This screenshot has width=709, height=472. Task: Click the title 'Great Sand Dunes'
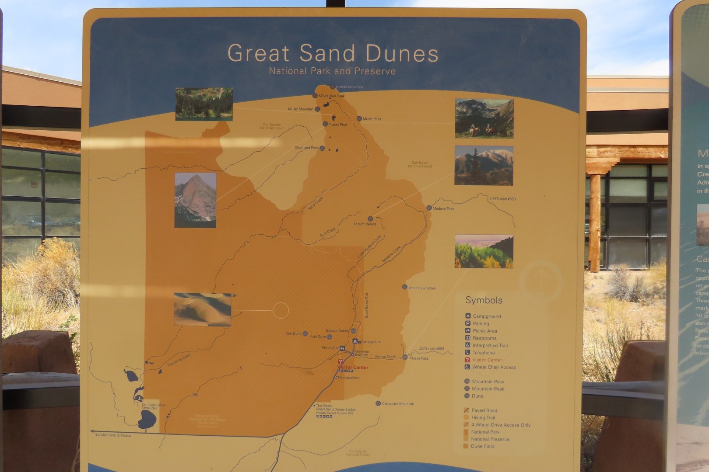click(x=333, y=53)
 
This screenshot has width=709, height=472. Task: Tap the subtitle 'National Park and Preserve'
click(x=332, y=71)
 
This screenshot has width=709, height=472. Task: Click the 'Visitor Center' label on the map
click(x=353, y=367)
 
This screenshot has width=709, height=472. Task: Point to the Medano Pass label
click(x=443, y=208)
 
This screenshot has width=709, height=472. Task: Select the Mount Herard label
click(x=365, y=224)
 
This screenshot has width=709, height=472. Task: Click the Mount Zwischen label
click(x=422, y=288)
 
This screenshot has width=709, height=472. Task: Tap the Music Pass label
click(x=372, y=119)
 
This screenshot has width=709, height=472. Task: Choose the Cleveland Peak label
click(x=307, y=148)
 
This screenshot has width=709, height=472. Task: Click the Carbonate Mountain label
click(x=397, y=403)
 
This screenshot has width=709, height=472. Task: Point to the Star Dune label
click(x=294, y=333)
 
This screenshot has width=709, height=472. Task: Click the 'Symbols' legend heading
click(x=484, y=300)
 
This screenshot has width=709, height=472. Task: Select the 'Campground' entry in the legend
click(x=487, y=316)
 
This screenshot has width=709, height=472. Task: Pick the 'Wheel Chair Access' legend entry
click(x=494, y=367)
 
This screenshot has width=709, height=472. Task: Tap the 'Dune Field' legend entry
click(x=482, y=446)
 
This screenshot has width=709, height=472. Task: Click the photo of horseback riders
click(x=484, y=118)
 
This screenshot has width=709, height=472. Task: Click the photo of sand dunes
click(x=203, y=309)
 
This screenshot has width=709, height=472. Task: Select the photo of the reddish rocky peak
click(x=195, y=200)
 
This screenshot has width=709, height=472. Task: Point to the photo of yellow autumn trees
click(x=484, y=251)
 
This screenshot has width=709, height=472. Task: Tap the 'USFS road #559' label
click(x=502, y=199)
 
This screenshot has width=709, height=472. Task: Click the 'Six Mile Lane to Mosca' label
click(x=113, y=435)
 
